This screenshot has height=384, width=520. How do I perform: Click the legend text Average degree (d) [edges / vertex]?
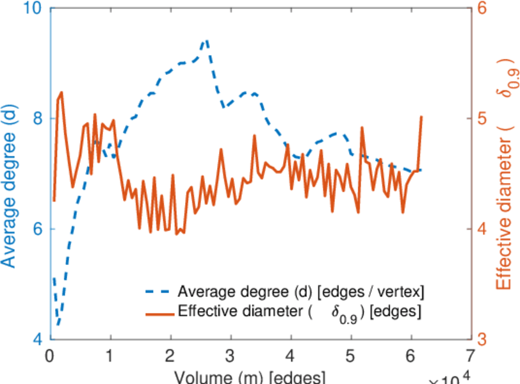coord(301,292)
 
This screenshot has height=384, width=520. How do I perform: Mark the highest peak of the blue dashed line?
coord(206,40)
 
